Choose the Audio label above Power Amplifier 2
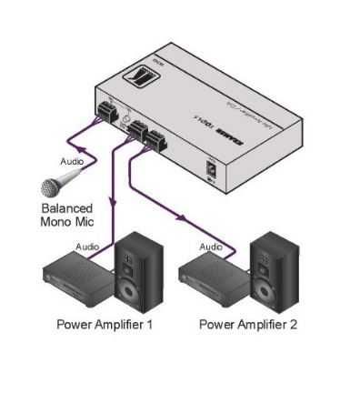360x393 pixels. click(211, 247)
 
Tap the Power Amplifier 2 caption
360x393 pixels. click(248, 323)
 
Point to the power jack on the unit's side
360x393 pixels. click(212, 168)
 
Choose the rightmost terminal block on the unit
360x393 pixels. click(155, 141)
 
